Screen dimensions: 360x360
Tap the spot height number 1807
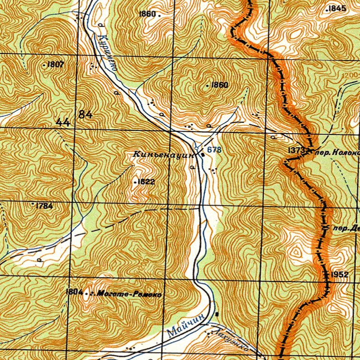coord(55,65)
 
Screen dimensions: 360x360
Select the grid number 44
coord(62,123)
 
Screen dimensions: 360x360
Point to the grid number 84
coord(86,114)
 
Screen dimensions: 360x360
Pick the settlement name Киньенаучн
coord(164,154)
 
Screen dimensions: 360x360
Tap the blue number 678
coord(214,150)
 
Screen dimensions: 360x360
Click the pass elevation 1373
coord(297,150)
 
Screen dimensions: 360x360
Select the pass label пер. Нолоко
coord(337,152)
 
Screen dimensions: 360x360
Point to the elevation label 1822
coord(146,181)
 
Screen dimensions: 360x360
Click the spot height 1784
coord(44,205)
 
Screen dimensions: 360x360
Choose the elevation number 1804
coord(74,292)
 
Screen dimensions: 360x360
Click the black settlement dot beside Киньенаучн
coord(202,154)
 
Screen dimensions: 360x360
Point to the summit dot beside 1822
coord(135,181)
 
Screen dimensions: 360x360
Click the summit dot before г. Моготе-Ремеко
coord(86,292)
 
